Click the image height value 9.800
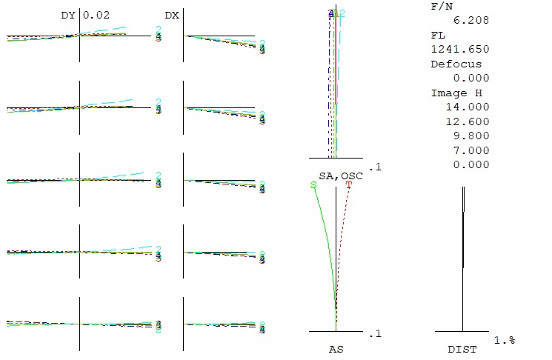[x=472, y=136]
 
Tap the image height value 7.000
[x=472, y=150]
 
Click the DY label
[x=68, y=14]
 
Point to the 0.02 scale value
[x=96, y=14]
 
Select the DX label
[x=171, y=14]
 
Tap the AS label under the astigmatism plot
[x=336, y=347]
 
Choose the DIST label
[x=462, y=348]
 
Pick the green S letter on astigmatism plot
[x=313, y=184]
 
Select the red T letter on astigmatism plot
[x=349, y=184]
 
